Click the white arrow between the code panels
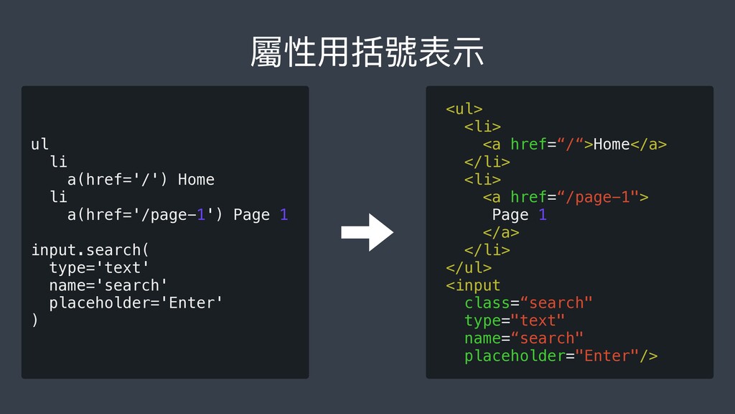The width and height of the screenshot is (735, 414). pyautogui.click(x=367, y=232)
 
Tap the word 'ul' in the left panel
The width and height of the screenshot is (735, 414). pyautogui.click(x=40, y=144)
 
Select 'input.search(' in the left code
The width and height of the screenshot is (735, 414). pyautogui.click(x=90, y=250)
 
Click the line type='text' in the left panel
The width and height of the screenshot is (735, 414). pyautogui.click(x=99, y=267)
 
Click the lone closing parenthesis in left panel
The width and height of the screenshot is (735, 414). pyautogui.click(x=34, y=321)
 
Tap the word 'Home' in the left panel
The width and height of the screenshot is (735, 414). pyautogui.click(x=196, y=180)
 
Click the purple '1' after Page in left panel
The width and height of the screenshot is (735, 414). pyautogui.click(x=284, y=215)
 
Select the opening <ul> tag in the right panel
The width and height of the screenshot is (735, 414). pyautogui.click(x=464, y=109)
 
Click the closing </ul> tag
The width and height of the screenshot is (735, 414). pyautogui.click(x=469, y=267)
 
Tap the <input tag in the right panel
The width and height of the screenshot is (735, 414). pyautogui.click(x=473, y=285)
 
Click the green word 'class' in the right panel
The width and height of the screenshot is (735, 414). pyautogui.click(x=487, y=303)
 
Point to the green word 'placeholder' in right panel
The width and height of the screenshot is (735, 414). pyautogui.click(x=514, y=356)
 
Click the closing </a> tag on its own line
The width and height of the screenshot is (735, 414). pyautogui.click(x=501, y=232)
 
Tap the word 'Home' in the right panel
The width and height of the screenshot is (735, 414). pyautogui.click(x=611, y=144)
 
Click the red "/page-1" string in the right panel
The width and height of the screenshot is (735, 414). pyautogui.click(x=599, y=197)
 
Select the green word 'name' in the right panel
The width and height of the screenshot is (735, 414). pyautogui.click(x=482, y=338)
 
